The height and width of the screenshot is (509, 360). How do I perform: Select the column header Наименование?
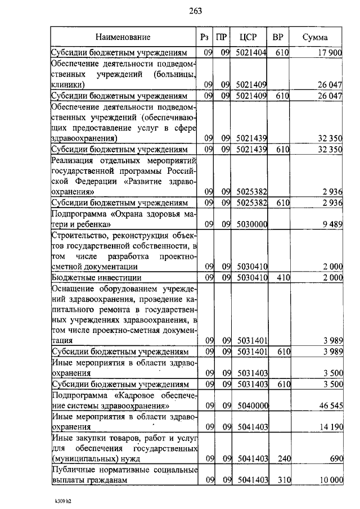(x=123, y=38)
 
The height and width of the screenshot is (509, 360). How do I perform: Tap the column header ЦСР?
(x=247, y=38)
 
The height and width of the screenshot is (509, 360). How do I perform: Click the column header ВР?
(x=277, y=38)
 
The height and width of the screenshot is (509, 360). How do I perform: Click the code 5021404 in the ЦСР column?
(x=251, y=53)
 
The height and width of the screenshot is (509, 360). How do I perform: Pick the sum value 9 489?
(x=332, y=224)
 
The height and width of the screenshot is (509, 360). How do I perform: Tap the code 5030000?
(x=251, y=224)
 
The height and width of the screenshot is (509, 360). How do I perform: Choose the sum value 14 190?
(x=330, y=427)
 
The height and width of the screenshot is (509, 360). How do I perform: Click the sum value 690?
(x=336, y=459)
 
